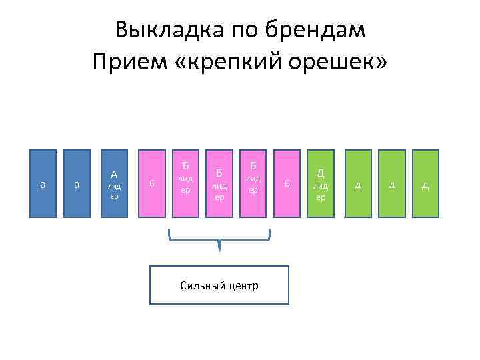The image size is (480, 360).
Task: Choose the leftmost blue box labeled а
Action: click(43, 184)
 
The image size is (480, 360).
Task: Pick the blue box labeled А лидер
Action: click(114, 184)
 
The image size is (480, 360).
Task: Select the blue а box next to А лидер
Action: click(77, 184)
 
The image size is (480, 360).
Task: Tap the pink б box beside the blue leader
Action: click(152, 184)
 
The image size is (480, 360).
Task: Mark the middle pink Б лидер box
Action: click(219, 184)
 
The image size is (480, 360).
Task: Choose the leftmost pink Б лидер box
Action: click(186, 184)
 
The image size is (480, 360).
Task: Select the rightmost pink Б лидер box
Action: click(253, 184)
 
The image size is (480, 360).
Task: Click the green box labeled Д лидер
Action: click(321, 184)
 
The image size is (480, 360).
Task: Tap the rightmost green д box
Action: click(425, 184)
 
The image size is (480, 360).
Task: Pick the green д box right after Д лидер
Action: click(358, 184)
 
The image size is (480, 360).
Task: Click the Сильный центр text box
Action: click(219, 285)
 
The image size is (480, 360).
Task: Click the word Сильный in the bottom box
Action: click(199, 286)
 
